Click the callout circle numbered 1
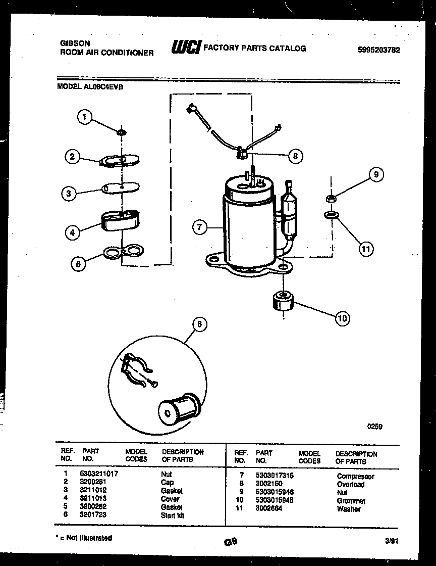[x=85, y=117]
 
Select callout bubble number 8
[x=295, y=156]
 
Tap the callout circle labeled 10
[x=342, y=318]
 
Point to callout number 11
[x=365, y=248]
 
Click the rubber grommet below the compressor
[x=282, y=302]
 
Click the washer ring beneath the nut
[x=331, y=216]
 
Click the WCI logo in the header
[x=186, y=48]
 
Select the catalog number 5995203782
[x=378, y=50]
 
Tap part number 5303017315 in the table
[x=275, y=476]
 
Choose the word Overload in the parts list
[x=350, y=484]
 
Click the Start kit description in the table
[x=172, y=515]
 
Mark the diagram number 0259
[x=374, y=427]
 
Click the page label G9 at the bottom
[x=230, y=541]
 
